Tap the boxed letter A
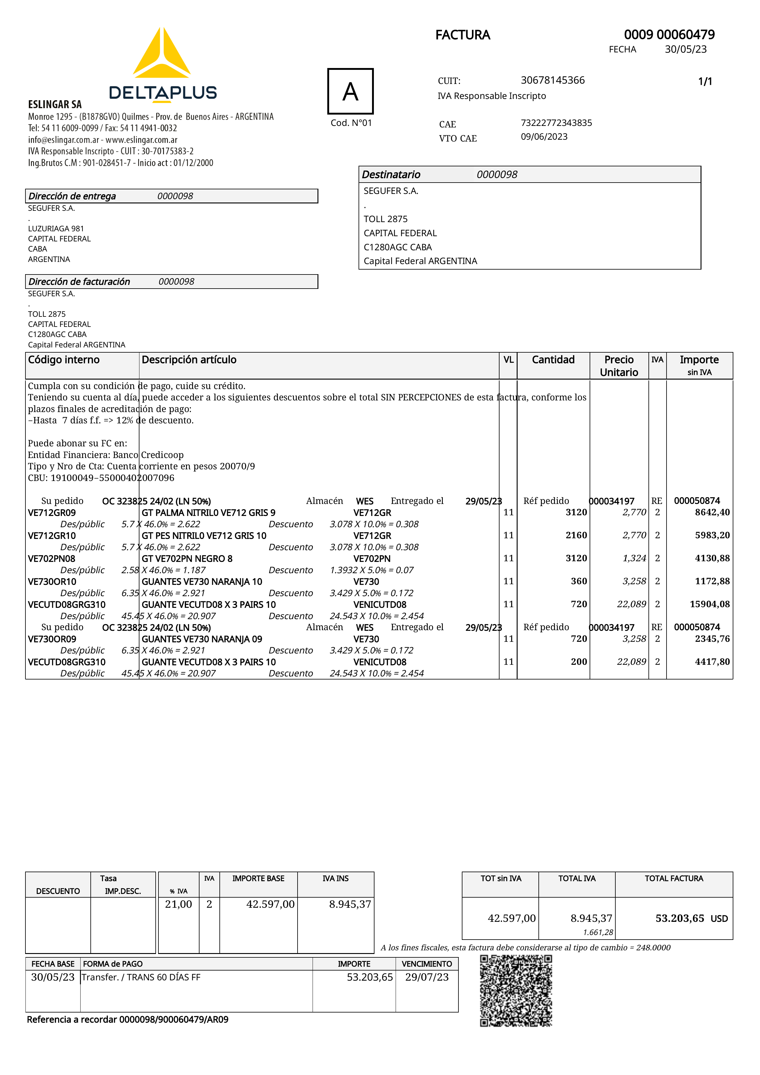(350, 91)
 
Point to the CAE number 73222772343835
(556, 123)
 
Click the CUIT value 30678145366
(553, 80)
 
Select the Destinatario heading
(391, 175)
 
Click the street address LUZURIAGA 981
(56, 229)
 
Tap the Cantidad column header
(553, 360)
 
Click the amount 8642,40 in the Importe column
(712, 512)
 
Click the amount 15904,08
(709, 604)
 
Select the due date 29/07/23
(427, 977)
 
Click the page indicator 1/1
(705, 81)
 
